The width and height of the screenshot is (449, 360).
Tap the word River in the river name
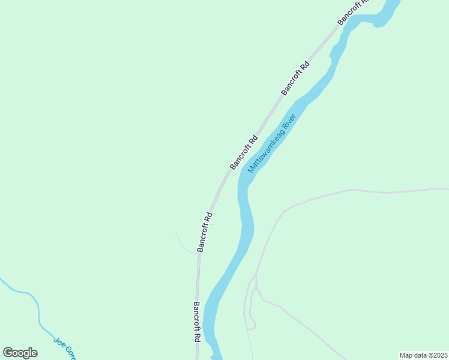click(x=289, y=122)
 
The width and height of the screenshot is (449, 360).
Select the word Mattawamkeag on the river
click(x=265, y=151)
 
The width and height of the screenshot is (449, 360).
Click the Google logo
click(x=20, y=353)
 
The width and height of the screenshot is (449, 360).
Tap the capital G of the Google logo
click(x=8, y=352)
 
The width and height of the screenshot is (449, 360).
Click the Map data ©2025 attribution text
click(x=423, y=355)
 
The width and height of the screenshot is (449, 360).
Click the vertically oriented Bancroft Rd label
click(x=196, y=322)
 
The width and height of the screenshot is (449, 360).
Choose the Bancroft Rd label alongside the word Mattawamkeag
click(x=244, y=152)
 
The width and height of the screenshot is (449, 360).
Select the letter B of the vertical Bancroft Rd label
click(x=196, y=305)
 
